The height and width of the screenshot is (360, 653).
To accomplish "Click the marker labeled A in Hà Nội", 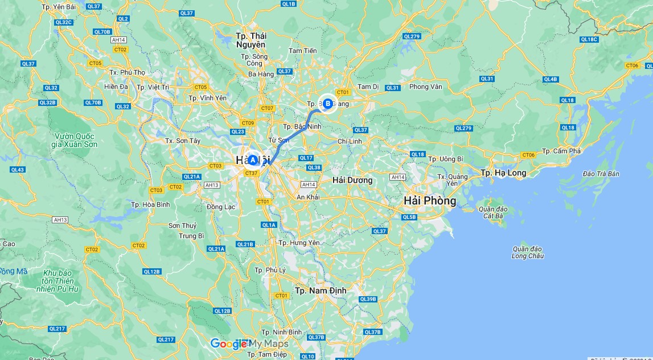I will [253, 160].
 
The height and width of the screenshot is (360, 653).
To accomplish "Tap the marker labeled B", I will [327, 103].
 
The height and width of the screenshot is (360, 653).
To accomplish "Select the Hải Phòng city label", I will [430, 201].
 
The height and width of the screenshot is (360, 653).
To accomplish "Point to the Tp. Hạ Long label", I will [503, 173].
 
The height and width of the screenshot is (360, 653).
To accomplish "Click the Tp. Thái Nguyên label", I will [250, 40].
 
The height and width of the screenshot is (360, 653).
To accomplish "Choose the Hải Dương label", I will [352, 180].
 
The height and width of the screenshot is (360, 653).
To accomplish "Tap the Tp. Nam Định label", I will [321, 291].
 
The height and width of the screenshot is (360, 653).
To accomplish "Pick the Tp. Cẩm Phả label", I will [561, 151].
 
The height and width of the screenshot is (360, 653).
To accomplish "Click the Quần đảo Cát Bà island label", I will [494, 212].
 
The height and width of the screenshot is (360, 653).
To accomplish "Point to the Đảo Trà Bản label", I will [601, 174].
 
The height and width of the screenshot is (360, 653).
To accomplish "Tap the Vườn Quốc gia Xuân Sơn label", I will [76, 140].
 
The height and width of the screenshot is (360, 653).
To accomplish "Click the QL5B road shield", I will [409, 217].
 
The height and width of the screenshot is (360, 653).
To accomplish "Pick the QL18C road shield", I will [589, 39].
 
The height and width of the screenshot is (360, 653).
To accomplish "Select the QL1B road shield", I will [289, 4].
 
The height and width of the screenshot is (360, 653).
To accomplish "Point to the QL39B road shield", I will [368, 299].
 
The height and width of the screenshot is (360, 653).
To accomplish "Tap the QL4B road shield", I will [551, 79].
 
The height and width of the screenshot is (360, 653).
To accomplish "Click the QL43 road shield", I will [17, 170].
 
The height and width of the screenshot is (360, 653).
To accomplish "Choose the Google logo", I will [229, 343].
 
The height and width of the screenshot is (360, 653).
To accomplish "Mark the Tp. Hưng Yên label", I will [299, 243].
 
